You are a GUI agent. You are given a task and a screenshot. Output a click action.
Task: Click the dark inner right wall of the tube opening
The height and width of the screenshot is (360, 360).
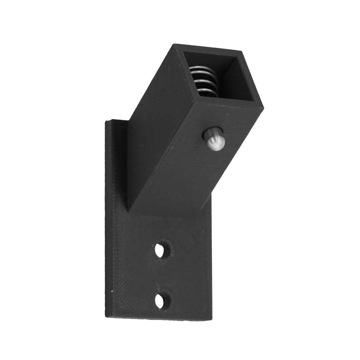click(244, 82)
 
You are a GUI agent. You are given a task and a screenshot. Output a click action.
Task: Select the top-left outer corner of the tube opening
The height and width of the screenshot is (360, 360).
click(174, 45)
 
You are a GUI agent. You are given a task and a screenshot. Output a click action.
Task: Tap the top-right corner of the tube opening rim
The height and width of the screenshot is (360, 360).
click(242, 52)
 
